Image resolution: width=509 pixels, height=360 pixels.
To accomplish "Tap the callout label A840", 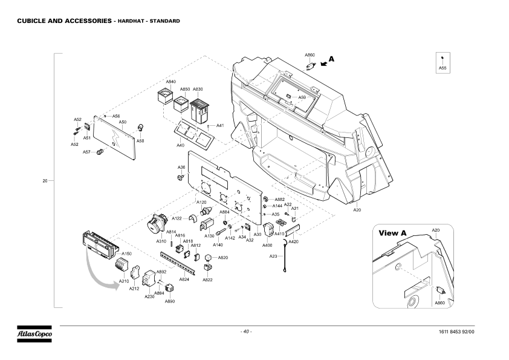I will pyautogui.click(x=170, y=82).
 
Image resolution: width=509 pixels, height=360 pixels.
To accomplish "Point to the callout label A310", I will pyautogui.click(x=161, y=241).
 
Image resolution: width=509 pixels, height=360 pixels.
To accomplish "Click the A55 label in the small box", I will pyautogui.click(x=443, y=69).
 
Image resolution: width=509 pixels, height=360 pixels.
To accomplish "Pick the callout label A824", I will pyautogui.click(x=184, y=279).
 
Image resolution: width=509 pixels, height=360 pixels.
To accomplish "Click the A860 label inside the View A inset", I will pyautogui.click(x=440, y=302).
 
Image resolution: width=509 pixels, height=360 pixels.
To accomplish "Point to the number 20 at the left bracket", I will pyautogui.click(x=45, y=181).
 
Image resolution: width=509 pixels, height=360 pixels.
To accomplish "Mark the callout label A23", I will pyautogui.click(x=273, y=256).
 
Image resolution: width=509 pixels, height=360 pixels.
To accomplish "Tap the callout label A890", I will pyautogui.click(x=170, y=301).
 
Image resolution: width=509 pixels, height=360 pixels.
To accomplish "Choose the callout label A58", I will pyautogui.click(x=140, y=141).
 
